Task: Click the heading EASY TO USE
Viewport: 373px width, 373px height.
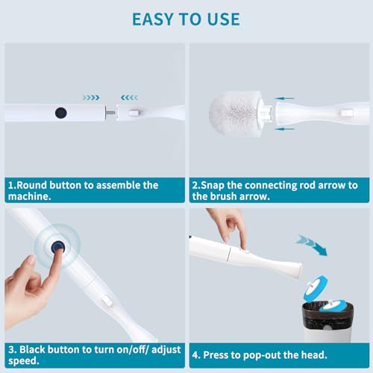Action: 186,19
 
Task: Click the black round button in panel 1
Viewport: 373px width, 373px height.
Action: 60,113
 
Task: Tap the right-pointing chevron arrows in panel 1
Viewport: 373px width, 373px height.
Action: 91,97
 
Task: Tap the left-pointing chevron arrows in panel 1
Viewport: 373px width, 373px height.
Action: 129,97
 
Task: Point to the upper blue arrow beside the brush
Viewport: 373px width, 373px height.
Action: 284,98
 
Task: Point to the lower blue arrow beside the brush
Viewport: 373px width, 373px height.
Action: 284,128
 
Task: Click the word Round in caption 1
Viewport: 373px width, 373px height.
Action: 34,185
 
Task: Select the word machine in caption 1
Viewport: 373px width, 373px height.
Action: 31,197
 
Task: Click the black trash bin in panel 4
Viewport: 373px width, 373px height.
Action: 326,322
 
